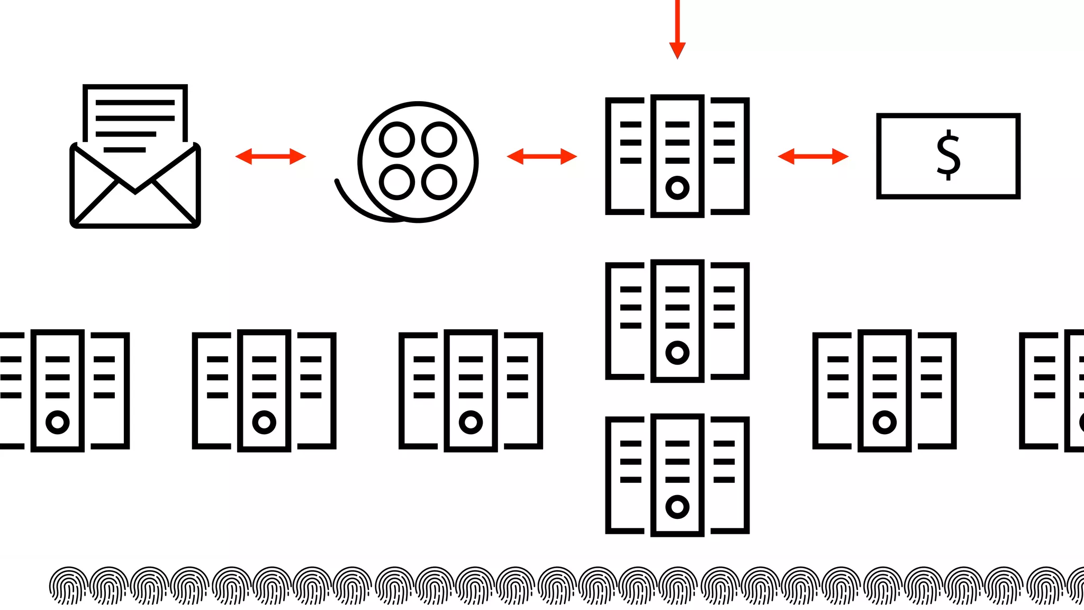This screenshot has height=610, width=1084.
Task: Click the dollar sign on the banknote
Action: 948,155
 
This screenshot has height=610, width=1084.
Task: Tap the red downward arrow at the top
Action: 677,32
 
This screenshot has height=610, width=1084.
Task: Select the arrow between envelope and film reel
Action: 270,156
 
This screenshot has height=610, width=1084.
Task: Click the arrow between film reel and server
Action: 541,156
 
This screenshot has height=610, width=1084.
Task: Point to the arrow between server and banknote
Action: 813,156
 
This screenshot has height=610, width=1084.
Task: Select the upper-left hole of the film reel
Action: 396,140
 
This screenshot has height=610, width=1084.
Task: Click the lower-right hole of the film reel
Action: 439,182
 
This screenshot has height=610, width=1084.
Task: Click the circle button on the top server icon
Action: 677,187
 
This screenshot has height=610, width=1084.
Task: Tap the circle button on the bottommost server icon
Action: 677,507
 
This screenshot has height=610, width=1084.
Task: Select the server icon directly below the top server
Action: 677,320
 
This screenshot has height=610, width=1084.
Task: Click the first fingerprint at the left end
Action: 68,586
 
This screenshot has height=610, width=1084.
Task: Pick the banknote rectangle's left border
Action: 879,156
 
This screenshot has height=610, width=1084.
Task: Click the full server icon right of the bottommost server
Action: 884,390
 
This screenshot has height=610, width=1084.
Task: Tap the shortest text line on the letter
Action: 124,150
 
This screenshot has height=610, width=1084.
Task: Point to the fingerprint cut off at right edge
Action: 1077,586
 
